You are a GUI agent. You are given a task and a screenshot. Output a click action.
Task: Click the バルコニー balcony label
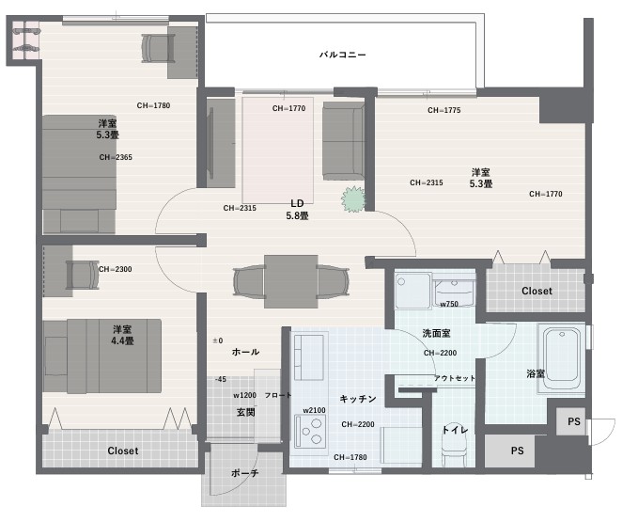(x=343, y=55)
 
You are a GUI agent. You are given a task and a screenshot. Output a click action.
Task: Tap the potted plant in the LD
(x=353, y=198)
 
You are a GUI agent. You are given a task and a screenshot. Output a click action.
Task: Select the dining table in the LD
(x=290, y=281)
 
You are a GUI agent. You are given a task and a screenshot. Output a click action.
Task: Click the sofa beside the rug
(x=344, y=141)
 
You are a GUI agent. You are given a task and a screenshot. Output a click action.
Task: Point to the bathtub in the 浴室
(x=561, y=358)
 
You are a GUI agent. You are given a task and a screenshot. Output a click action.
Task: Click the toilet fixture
(x=454, y=444)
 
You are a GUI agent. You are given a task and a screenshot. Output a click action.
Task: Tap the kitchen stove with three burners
(x=310, y=431)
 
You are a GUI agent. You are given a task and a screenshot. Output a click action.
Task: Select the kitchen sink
(x=309, y=357)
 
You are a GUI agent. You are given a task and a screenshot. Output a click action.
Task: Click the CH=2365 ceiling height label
(x=116, y=158)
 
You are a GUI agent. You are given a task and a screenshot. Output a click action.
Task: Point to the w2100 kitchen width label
(x=314, y=410)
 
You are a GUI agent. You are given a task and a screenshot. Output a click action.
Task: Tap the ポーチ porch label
(x=244, y=473)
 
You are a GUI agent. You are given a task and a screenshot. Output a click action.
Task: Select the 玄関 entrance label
(x=245, y=413)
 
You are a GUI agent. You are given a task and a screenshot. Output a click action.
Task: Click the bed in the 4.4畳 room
(x=102, y=356)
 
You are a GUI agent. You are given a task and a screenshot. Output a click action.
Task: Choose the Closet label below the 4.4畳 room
(x=123, y=451)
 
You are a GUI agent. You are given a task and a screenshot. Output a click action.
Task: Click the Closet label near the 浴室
(x=536, y=291)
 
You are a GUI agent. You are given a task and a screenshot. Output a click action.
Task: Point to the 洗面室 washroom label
(x=436, y=334)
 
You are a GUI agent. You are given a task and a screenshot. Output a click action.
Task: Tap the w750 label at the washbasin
(x=449, y=304)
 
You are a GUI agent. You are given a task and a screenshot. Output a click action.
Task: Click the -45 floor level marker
(x=220, y=379)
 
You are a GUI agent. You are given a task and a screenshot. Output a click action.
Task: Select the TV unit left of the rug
(x=217, y=143)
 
